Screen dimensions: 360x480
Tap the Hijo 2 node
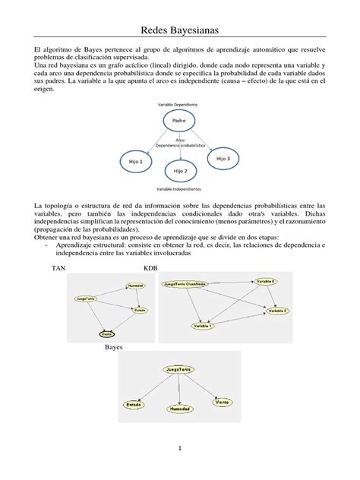pyautogui.click(x=180, y=172)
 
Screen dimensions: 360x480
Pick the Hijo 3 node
pyautogui.click(x=223, y=158)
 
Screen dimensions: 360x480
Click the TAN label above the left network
pyautogui.click(x=58, y=268)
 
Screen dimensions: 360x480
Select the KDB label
pyautogui.click(x=152, y=268)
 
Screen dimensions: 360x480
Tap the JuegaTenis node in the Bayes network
pyautogui.click(x=178, y=368)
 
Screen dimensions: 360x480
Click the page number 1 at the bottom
pyautogui.click(x=181, y=449)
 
